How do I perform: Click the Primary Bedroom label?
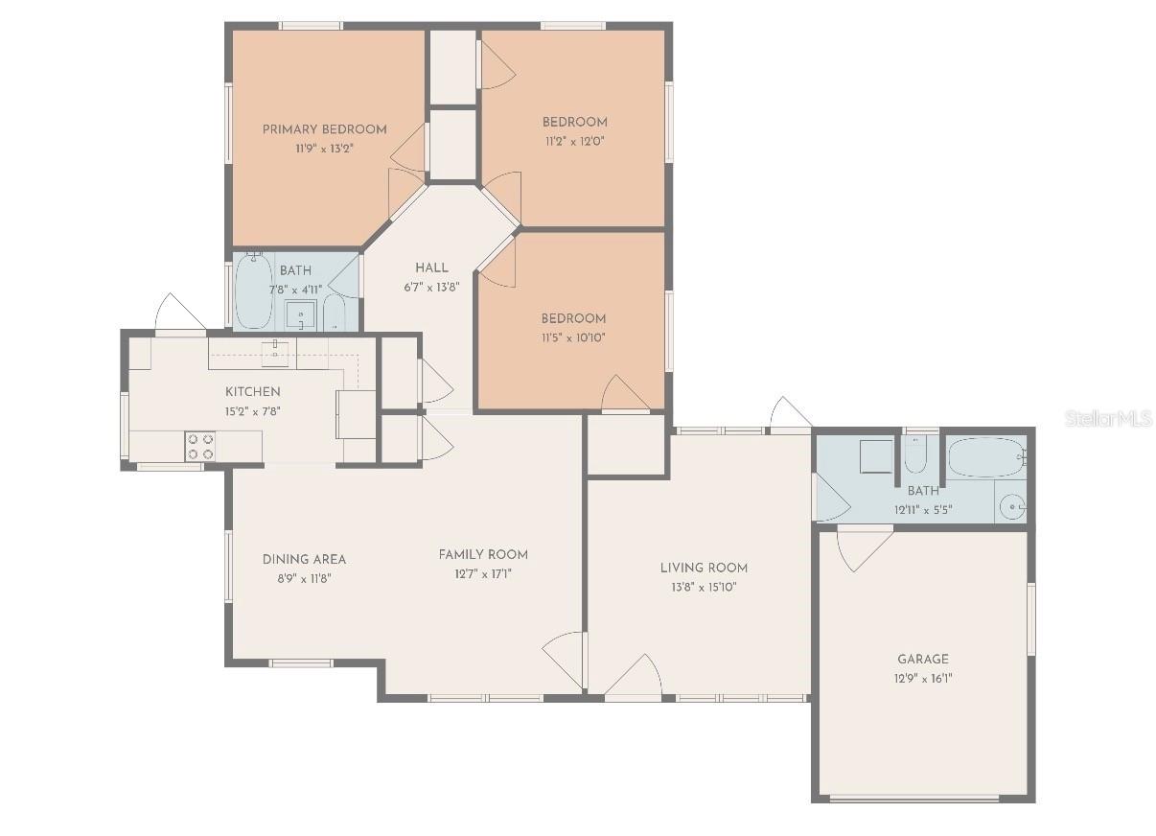point(324,129)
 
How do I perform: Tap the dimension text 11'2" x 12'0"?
point(574,140)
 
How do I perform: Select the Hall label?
point(431,267)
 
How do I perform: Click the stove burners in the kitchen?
point(200,446)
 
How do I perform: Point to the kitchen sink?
point(275,350)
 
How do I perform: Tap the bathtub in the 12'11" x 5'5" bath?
point(986,457)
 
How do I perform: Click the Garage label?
point(923,659)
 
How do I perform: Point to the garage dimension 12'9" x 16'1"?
point(923,678)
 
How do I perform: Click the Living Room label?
point(704,568)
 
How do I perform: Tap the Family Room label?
point(483,554)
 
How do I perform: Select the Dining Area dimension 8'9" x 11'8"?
point(304,578)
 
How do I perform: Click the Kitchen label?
point(253,391)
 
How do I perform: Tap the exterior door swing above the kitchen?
point(178,313)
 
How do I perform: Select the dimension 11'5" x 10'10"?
point(573,337)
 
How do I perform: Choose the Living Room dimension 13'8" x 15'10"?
point(704,587)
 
